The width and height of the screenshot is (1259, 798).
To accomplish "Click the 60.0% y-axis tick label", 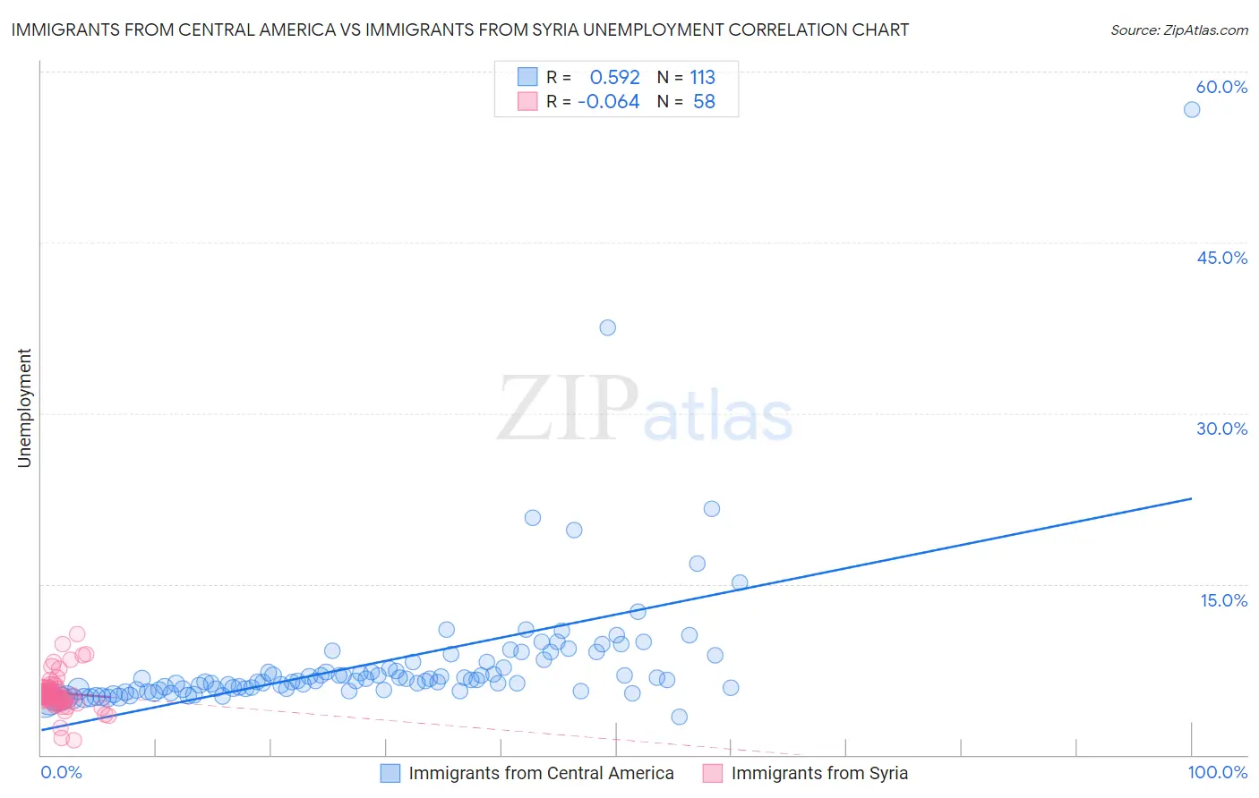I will pos(1221,87).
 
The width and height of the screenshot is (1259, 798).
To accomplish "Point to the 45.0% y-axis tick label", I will pos(1221,258).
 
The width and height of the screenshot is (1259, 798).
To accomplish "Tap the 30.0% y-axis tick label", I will pos(1221,429).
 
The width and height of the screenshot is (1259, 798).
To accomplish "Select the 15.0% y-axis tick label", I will pos(1223,600).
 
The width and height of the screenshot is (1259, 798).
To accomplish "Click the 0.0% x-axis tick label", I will pos(61,773).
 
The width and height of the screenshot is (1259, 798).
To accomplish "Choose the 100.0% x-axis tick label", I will pos(1217,773).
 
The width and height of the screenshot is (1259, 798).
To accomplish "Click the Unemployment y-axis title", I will pos(24,408).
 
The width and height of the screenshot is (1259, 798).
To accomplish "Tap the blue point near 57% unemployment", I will pos(1191,109).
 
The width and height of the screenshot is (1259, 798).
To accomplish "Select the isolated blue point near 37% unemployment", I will pos(607,327).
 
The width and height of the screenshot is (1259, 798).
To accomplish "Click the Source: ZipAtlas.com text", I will pos(1178,30).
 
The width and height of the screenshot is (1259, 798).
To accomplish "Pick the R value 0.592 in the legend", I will pos(614,78).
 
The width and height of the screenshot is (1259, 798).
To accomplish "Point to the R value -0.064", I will pos(608,102).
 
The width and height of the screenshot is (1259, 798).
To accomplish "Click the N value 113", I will pos(702,78).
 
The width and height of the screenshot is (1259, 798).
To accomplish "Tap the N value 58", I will pos(704,102).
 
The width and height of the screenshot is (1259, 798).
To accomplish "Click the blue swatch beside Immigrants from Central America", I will pos(390,773).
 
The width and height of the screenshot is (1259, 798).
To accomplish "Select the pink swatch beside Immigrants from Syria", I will pos(713,773).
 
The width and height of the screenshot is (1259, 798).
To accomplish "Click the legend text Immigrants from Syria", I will pos(818,773).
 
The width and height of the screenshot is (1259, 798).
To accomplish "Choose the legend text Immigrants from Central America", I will pos(541,773).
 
